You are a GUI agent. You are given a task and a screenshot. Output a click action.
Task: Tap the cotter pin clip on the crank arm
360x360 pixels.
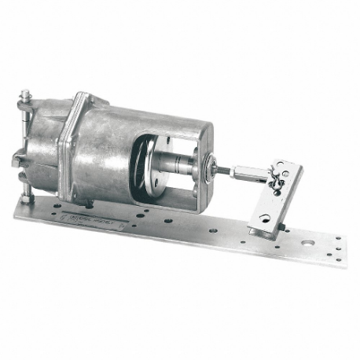275,183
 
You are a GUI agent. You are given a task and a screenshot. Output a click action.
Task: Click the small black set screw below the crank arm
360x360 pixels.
281,227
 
